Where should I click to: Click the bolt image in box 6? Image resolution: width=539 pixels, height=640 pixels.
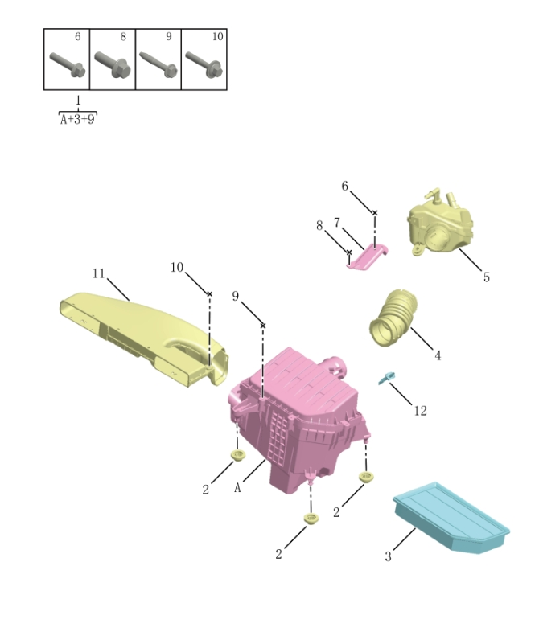tap(66, 64)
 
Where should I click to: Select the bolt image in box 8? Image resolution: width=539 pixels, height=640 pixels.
tap(112, 64)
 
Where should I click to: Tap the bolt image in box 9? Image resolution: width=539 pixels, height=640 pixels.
tap(158, 64)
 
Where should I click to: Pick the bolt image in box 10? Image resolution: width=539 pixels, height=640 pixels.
tap(204, 64)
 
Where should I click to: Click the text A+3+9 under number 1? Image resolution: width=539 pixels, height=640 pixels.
tap(77, 119)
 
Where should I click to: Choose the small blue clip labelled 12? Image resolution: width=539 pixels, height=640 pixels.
tap(389, 377)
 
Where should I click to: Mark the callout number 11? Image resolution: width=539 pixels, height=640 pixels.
tap(98, 273)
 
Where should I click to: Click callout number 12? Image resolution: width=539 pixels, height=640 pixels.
tap(420, 411)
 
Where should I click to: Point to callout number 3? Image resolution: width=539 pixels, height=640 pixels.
tap(388, 556)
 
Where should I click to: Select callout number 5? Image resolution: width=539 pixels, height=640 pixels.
tap(486, 277)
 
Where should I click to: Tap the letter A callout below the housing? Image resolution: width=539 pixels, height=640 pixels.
tap(238, 487)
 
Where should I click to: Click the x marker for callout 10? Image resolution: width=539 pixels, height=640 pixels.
tap(210, 294)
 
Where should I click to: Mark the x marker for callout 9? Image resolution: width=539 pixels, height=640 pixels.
tap(263, 325)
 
